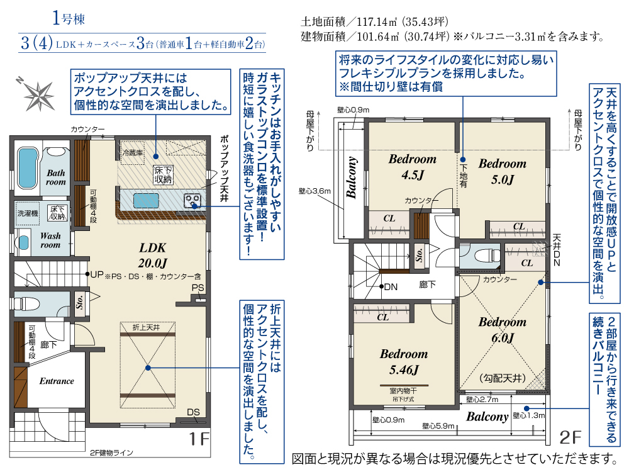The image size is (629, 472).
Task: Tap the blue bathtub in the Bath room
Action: click(28, 168)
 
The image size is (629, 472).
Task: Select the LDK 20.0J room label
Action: click(152, 256)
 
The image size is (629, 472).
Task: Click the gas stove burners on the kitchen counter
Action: click(192, 200)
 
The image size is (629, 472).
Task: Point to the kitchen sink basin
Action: click(146, 200)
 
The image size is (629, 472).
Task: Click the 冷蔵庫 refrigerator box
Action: click(133, 152)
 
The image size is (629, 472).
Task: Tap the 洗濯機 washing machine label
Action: click(28, 213)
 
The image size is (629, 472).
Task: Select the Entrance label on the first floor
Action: click(57, 381)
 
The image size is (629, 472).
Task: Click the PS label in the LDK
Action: click(198, 288)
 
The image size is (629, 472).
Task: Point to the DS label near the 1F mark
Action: click(193, 412)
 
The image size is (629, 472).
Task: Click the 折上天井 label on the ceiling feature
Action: click(146, 327)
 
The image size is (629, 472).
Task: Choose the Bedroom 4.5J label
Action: click(413, 167)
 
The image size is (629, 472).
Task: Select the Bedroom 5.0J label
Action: click(502, 171)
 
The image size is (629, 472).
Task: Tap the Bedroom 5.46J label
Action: click(404, 362)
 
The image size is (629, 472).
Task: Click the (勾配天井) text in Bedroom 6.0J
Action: click(502, 378)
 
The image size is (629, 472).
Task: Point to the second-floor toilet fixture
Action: click(487, 254)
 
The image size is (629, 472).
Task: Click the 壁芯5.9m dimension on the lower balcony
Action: click(438, 426)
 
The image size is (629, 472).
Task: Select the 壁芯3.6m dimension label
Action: click(314, 191)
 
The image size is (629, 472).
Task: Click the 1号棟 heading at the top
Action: click(69, 18)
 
